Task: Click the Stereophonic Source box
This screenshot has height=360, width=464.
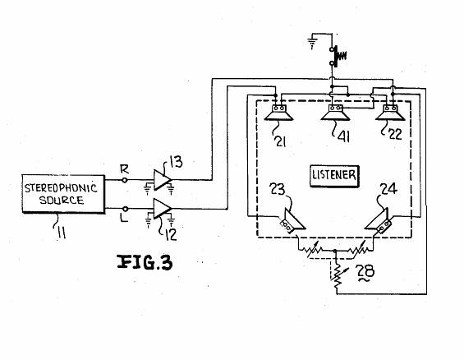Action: (63, 194)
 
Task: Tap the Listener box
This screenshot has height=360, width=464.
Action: (334, 176)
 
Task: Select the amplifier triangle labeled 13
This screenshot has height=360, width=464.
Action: (162, 179)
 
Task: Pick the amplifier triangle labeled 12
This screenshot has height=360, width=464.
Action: (162, 209)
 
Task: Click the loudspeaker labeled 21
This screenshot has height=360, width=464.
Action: (278, 113)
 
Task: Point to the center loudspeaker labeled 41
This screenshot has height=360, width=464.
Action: (336, 113)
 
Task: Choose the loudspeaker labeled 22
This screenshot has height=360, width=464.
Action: (390, 113)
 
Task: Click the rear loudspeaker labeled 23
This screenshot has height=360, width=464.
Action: (292, 221)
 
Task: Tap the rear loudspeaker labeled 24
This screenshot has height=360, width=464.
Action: (379, 221)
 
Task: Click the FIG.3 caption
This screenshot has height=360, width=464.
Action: (145, 262)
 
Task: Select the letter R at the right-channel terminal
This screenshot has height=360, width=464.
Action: (124, 169)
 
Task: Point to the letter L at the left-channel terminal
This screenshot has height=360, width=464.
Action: (124, 219)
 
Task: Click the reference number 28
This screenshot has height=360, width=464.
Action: (365, 271)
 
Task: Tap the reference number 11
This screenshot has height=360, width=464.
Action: (62, 233)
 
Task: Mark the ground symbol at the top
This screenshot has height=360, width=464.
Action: (312, 44)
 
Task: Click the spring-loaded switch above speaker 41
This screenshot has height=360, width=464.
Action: (338, 56)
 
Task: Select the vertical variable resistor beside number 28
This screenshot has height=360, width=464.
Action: (338, 276)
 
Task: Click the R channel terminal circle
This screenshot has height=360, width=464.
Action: (125, 180)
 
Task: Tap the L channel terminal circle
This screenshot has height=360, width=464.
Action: (125, 209)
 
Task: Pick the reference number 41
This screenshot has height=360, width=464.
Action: (344, 136)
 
